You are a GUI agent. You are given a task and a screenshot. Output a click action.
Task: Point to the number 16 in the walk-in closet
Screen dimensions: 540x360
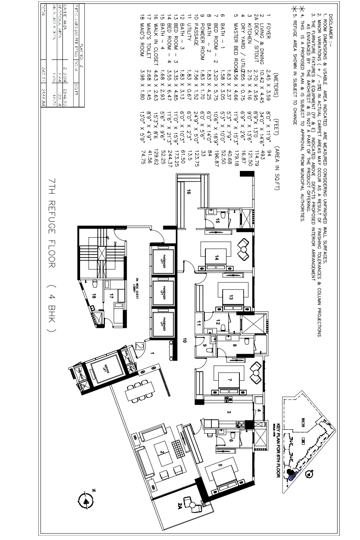(x=188, y=194)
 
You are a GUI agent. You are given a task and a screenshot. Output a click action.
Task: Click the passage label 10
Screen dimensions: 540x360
(x=184, y=340)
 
